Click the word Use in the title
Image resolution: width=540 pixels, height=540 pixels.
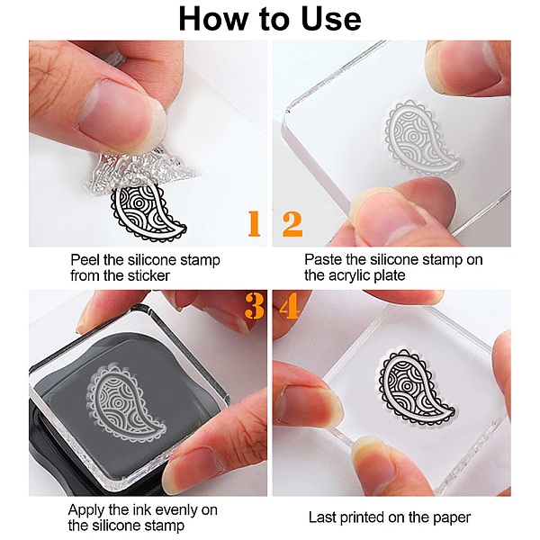coord(331,19)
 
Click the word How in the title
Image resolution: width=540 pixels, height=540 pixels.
coord(213,19)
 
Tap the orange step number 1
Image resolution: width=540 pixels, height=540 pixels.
coord(254,223)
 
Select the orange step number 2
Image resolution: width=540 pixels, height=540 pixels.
coord(292,224)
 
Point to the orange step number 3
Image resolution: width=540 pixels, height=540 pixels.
coord(255,306)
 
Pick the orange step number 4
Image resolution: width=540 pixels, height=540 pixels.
coord(289,305)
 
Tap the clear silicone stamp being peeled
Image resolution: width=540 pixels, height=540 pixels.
coord(138,170)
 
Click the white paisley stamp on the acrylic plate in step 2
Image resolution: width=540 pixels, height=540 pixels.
coord(423,138)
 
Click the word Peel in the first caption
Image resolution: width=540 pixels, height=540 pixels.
coord(85,260)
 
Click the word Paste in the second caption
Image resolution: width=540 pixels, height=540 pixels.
coord(323,260)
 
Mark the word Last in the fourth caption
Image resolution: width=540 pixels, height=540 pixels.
coord(322,517)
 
